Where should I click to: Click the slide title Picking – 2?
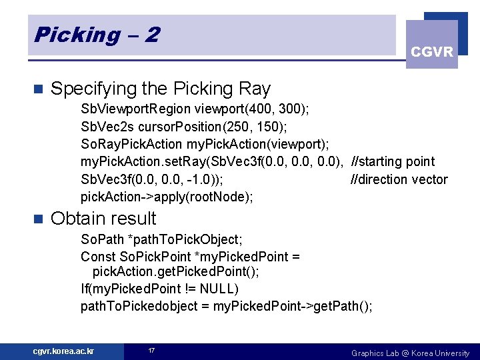[97, 35]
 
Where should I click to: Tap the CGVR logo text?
[432, 51]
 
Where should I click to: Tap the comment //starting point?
[393, 161]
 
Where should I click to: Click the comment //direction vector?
[399, 179]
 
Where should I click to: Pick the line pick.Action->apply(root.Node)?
[167, 197]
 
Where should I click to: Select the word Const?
[98, 257]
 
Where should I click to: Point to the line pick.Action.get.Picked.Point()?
[175, 272]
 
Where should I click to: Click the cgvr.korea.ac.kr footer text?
[64, 351]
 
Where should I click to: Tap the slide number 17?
[151, 351]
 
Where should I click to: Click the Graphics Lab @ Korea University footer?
[410, 353]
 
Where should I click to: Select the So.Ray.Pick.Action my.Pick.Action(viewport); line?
[205, 143]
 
